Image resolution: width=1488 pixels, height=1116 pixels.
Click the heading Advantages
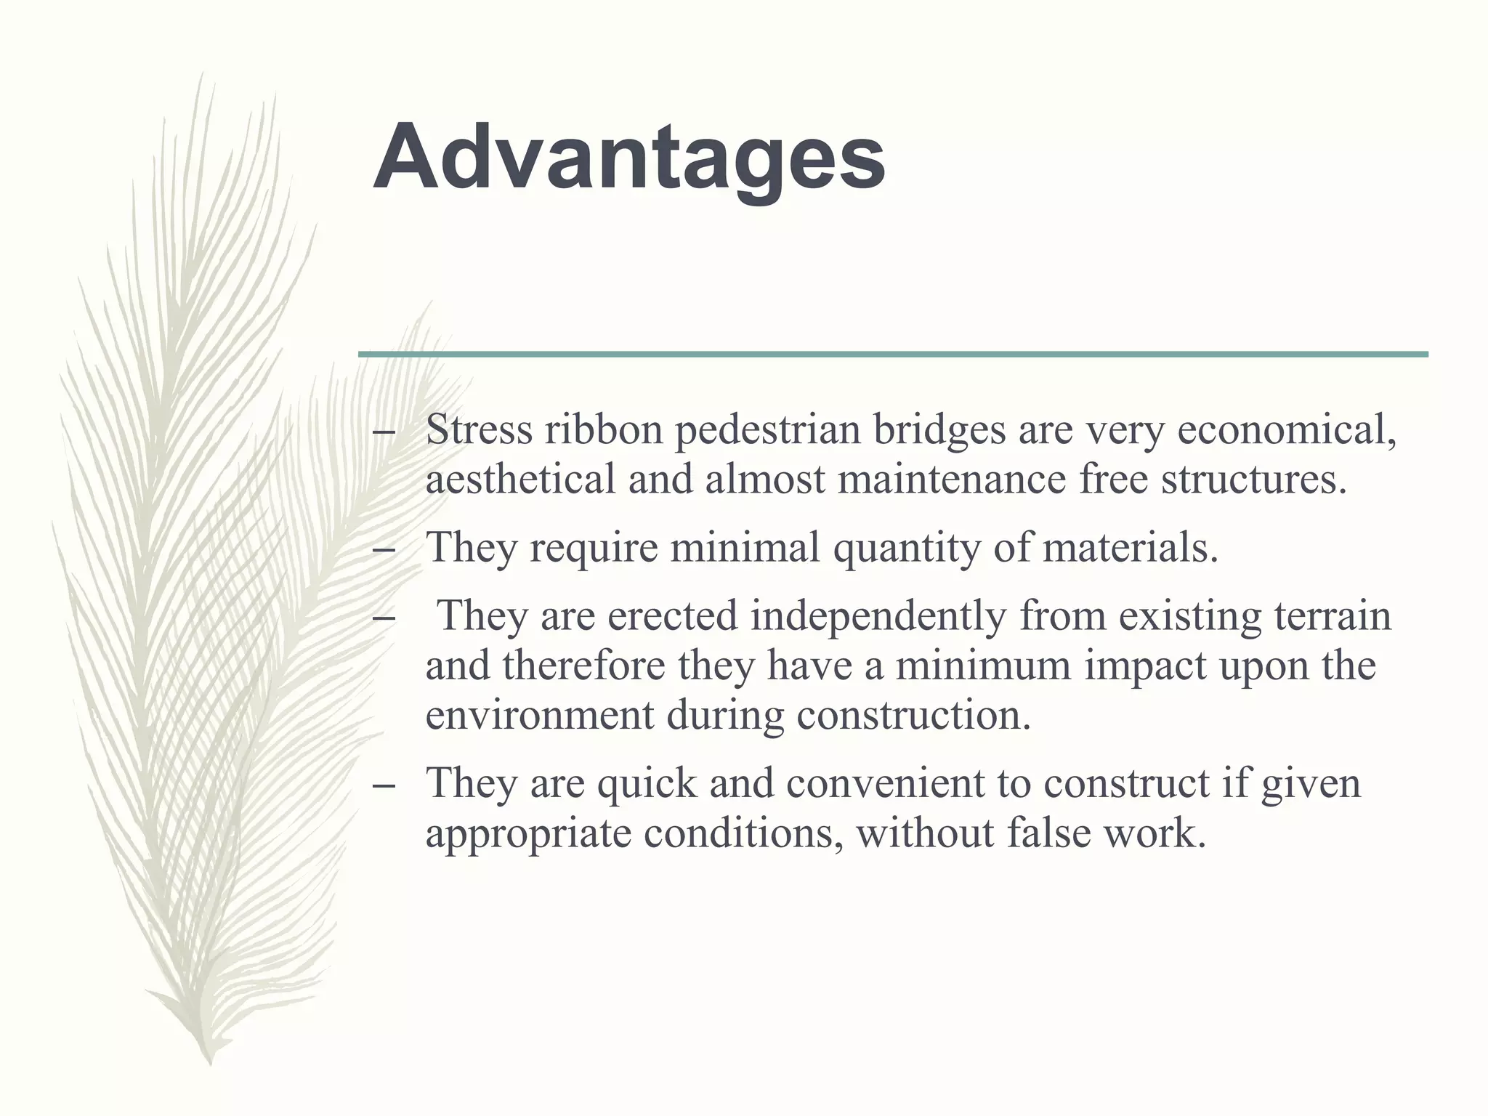pyautogui.click(x=629, y=158)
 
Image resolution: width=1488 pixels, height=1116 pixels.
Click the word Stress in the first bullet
pyautogui.click(x=479, y=429)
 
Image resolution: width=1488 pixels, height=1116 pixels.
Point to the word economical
pyautogui.click(x=1286, y=431)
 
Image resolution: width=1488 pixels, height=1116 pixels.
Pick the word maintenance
pyautogui.click(x=952, y=480)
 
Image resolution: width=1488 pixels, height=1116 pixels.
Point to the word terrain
pyautogui.click(x=1333, y=615)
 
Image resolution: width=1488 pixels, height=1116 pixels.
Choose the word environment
pyautogui.click(x=539, y=715)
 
